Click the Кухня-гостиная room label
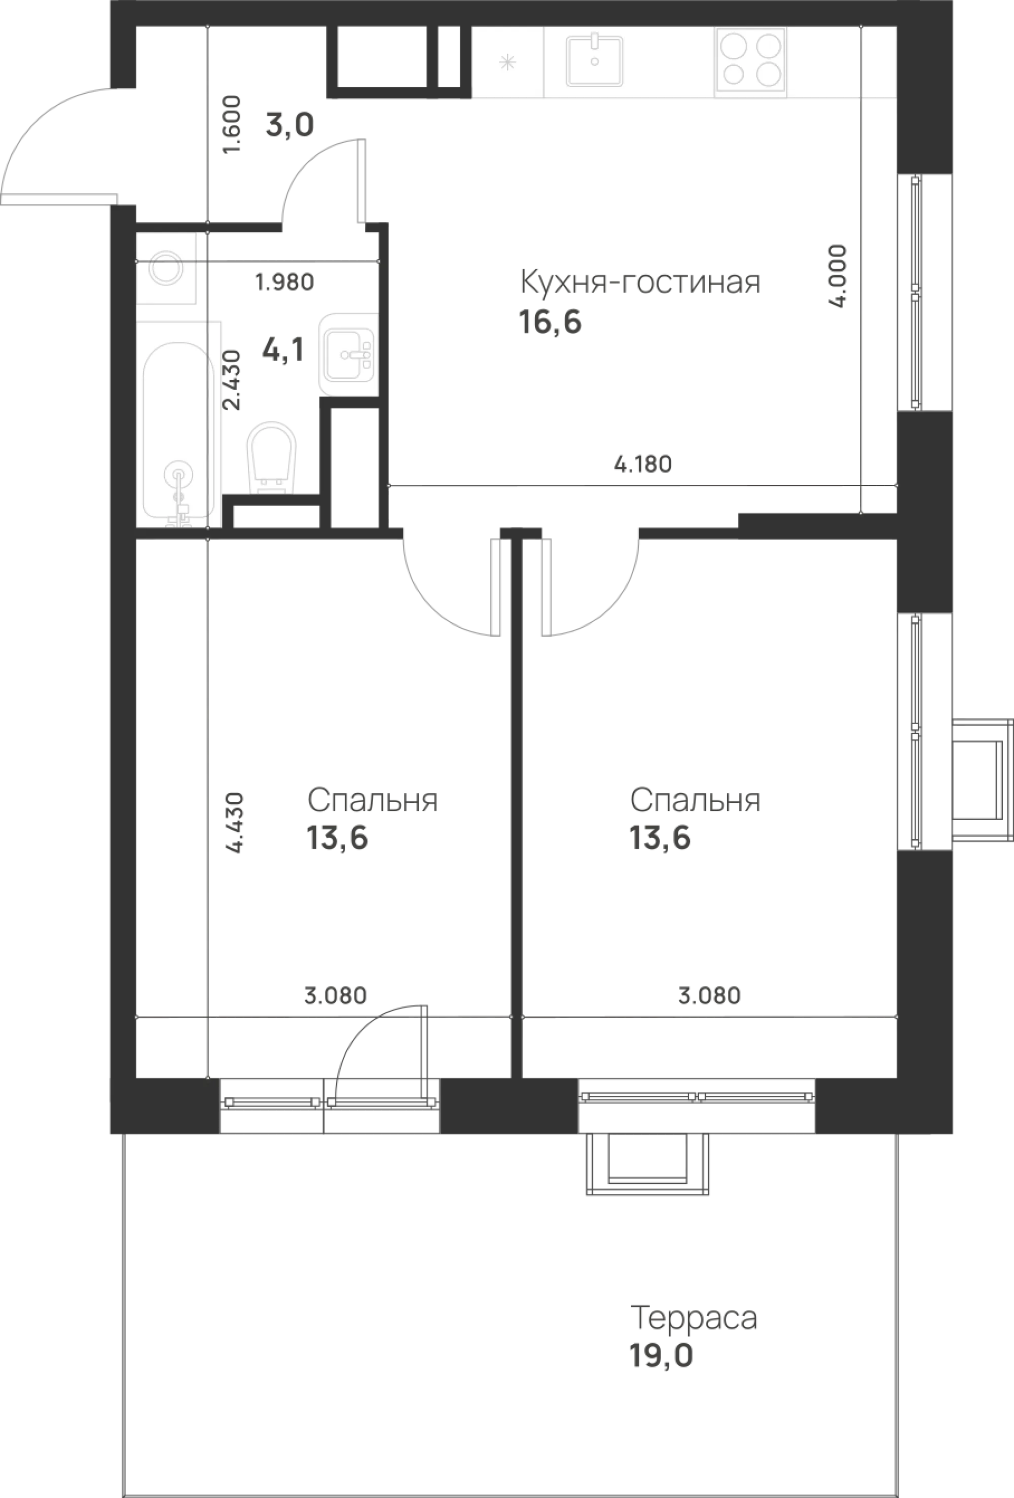(x=640, y=282)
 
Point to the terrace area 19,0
(x=661, y=1357)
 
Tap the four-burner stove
(x=750, y=60)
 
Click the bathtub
(x=178, y=429)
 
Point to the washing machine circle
(x=166, y=268)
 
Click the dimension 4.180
(x=643, y=464)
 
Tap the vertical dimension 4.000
(x=838, y=276)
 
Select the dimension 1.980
(x=284, y=281)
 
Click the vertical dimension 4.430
(x=236, y=823)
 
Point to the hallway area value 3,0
(x=290, y=125)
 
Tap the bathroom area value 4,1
(x=283, y=350)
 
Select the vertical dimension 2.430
(x=231, y=380)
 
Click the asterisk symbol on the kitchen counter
(x=508, y=62)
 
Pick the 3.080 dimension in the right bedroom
(x=709, y=995)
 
